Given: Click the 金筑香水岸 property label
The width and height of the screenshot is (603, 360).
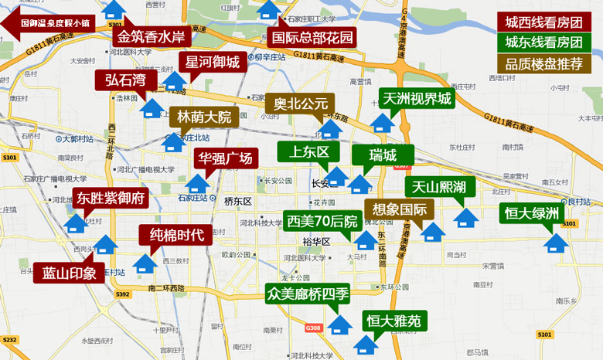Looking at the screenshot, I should [151, 36].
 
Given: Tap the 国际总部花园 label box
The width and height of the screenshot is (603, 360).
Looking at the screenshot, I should [313, 36].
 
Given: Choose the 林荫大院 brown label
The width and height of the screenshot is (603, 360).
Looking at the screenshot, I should [204, 117].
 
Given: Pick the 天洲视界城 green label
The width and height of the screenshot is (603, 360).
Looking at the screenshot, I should [416, 99].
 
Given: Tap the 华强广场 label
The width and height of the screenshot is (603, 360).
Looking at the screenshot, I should [225, 159].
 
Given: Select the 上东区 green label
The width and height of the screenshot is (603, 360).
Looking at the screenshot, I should [309, 152].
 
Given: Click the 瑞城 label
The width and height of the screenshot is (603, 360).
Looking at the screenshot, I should [382, 155].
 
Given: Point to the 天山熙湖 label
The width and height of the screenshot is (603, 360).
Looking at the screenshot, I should [438, 187].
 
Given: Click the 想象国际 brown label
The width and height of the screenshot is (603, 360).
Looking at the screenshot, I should [400, 209].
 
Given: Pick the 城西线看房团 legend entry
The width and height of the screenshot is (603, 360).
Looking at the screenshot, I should [543, 22].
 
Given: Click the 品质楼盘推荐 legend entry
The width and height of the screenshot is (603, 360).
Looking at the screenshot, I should [543, 63].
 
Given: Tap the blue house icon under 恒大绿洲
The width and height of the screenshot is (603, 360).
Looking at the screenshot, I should [553, 243].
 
